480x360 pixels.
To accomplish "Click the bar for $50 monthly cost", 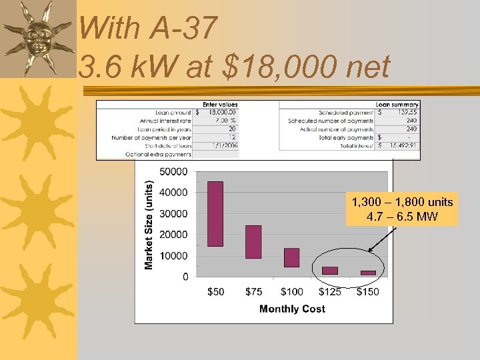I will click(215, 213).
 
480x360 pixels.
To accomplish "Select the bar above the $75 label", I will click(253, 241).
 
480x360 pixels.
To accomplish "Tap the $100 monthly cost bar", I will click(291, 257).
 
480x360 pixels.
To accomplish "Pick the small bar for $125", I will click(330, 271).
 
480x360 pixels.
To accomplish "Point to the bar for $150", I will click(368, 273).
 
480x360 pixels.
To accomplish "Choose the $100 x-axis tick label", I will click(291, 292).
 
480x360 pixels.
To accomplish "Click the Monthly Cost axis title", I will click(292, 309).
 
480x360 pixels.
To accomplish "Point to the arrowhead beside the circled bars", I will click(371, 251).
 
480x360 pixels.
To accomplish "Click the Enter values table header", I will click(220, 105).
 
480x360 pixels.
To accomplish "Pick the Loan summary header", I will click(397, 105).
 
